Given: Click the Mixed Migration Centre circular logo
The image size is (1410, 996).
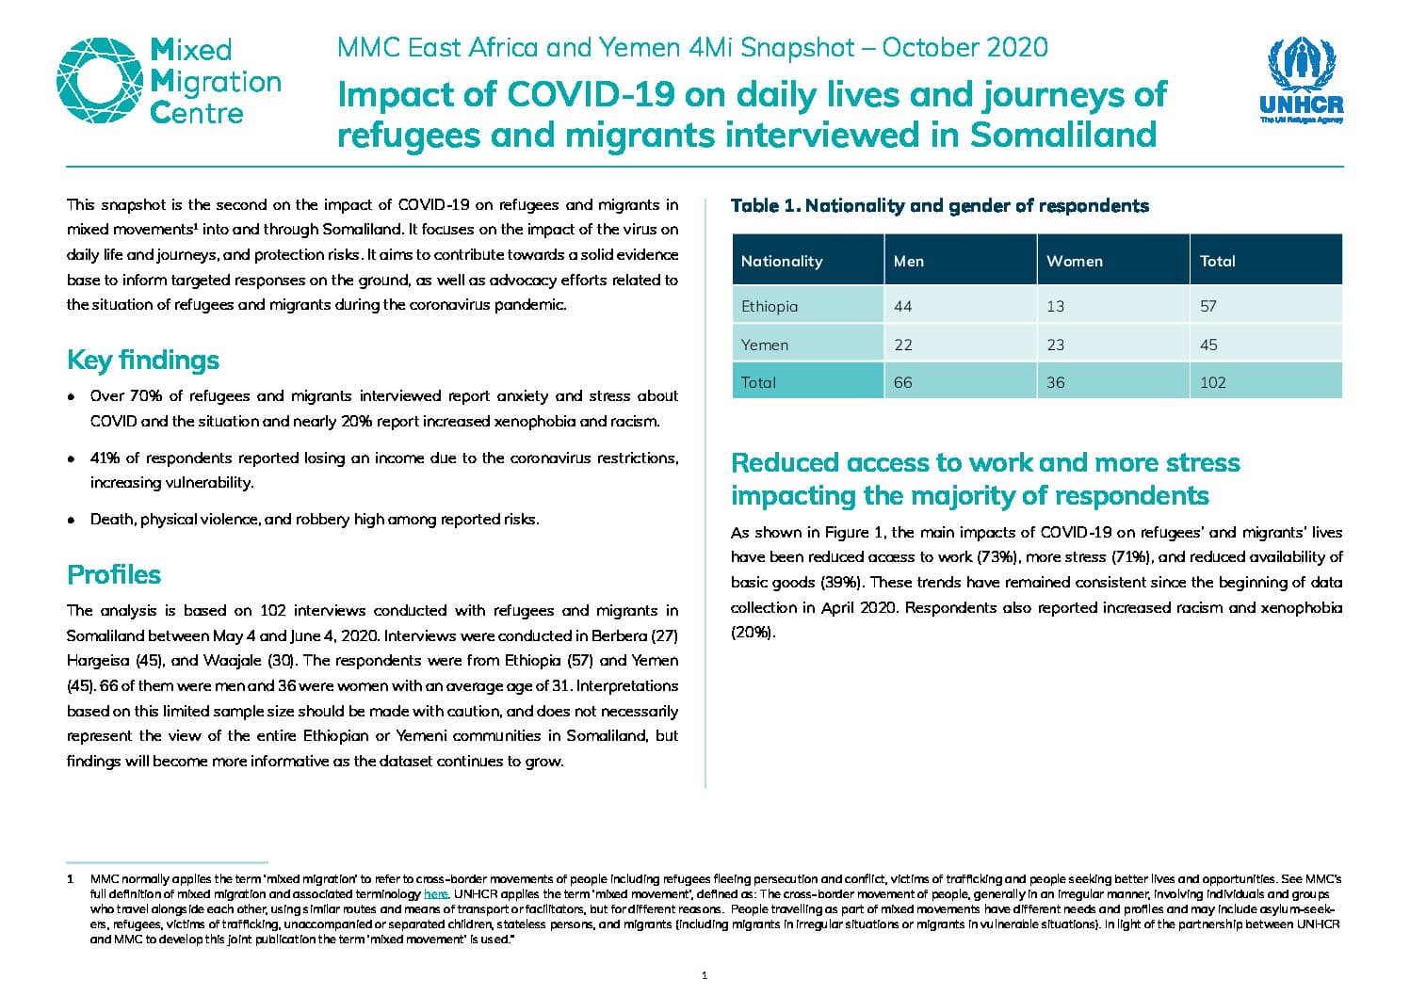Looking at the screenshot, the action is point(100,81).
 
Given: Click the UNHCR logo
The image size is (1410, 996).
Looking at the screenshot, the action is point(1301,80).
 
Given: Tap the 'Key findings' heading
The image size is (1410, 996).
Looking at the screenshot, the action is point(143,360).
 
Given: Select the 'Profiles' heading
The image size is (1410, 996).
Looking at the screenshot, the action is point(114,574).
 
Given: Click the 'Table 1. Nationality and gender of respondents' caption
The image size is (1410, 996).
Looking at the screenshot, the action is point(940,206).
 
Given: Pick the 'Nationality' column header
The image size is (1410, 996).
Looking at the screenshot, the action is point(782,261).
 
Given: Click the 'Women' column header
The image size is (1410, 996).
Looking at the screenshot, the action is point(1075,261).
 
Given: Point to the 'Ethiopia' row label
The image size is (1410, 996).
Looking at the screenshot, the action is point(770,306).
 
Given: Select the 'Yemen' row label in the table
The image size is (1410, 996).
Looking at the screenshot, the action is point(764,345).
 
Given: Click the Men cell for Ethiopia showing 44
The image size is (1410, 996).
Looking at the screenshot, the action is point(902,306).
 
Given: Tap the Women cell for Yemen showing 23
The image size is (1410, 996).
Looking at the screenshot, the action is point(1056,345).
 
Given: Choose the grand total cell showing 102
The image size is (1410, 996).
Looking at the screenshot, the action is point(1213,382).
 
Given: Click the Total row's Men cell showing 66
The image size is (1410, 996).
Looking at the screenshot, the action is point(902,382).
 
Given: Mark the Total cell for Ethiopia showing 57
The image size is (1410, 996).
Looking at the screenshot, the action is point(1207,306).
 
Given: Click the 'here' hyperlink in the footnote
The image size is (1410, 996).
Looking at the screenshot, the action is point(435,894).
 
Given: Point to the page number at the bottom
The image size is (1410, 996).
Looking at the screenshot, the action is point(705,975).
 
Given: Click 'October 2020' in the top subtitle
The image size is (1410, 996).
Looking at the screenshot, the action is point(965,48).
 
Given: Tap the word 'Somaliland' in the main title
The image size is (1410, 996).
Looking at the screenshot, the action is point(1063,135).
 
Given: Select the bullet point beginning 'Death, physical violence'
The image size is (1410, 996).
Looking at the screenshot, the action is point(315,520).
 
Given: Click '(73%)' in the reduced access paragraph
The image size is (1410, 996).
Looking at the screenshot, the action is point(997,556).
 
